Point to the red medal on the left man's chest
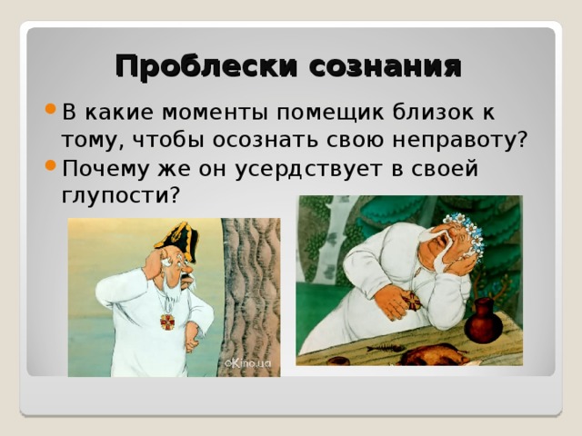pyautogui.click(x=166, y=322)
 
